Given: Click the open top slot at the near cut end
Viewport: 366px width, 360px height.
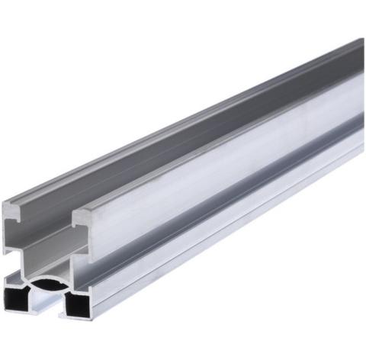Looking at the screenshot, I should pyautogui.click(x=46, y=221).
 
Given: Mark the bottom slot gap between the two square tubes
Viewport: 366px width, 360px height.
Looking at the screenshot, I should pyautogui.click(x=47, y=305).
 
